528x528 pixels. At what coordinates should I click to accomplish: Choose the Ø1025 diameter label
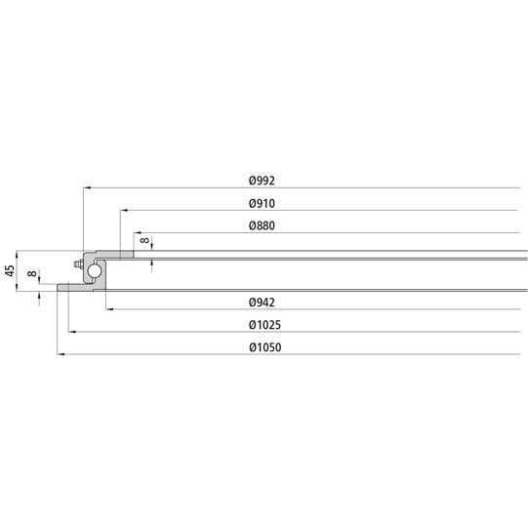pos(265,325)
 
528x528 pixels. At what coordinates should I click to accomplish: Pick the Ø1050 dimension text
pos(265,348)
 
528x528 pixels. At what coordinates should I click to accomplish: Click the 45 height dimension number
pos(11,270)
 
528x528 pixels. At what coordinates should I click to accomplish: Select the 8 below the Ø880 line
pos(145,240)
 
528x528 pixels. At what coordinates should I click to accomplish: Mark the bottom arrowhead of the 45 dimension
pos(20,288)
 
